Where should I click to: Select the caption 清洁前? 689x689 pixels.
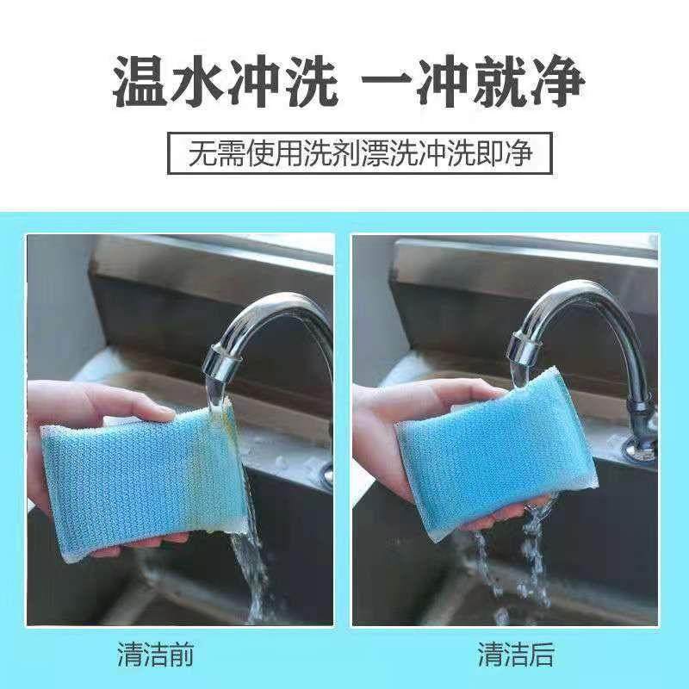[x=155, y=655]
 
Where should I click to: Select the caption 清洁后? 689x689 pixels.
[x=517, y=655]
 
